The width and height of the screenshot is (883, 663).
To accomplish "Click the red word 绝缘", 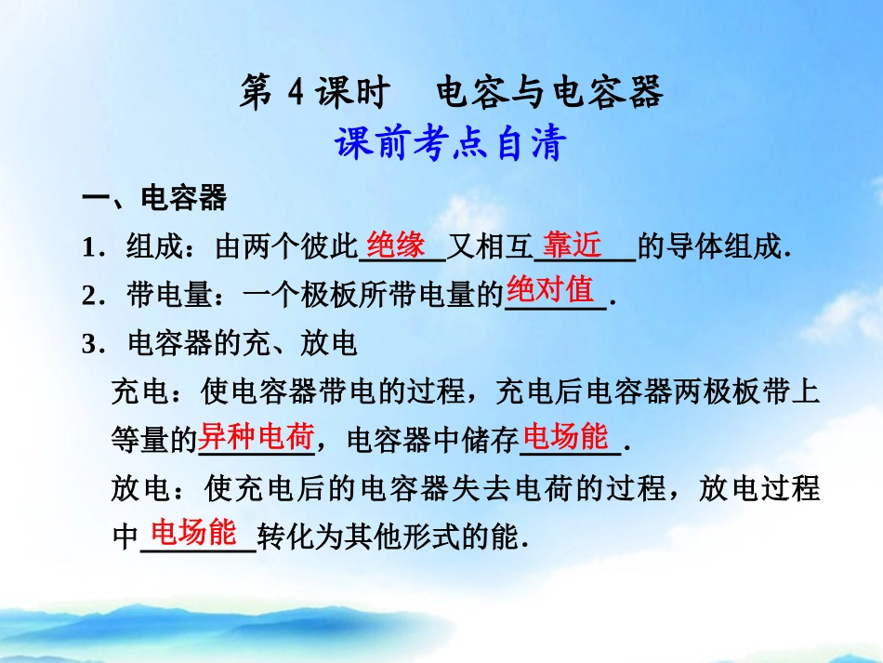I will tap(396, 245).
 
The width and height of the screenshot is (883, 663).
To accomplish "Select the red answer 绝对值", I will tap(550, 291).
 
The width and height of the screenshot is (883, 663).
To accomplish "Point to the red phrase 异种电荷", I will tap(257, 436).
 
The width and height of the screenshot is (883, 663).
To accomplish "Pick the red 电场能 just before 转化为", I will tap(194, 533).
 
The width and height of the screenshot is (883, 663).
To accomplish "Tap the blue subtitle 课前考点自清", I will tap(451, 145).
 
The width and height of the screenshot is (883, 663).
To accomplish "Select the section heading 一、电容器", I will tap(153, 198).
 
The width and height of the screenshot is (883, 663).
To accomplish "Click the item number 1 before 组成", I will tap(89, 248).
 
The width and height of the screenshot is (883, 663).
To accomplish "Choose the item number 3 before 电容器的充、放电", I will tap(89, 345).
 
